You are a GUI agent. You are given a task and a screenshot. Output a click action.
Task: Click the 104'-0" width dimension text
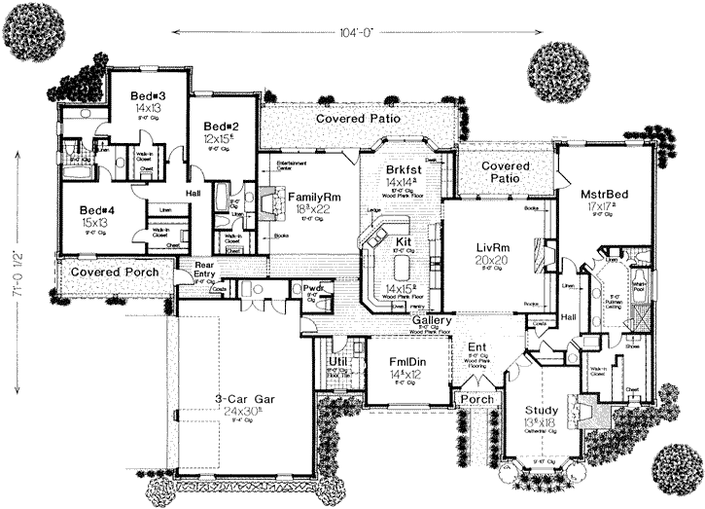click(352, 31)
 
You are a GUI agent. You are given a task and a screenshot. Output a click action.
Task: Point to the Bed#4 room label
click(98, 210)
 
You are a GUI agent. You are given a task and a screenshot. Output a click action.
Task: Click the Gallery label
click(429, 320)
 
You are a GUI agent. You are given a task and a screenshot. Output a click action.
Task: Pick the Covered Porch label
click(108, 273)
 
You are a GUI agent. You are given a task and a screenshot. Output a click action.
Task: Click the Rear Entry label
click(205, 270)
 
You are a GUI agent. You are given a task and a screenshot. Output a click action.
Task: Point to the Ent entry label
click(476, 346)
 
